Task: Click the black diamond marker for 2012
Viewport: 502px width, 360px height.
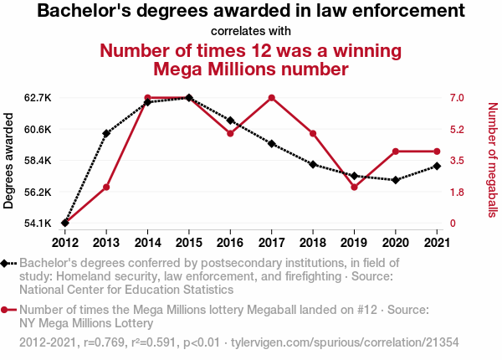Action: [x=65, y=223]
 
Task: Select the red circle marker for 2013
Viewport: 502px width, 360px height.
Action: [x=106, y=187]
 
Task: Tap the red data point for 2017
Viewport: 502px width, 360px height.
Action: [x=272, y=98]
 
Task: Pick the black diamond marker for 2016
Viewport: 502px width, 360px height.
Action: [x=230, y=121]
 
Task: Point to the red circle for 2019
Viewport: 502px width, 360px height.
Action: [x=354, y=187]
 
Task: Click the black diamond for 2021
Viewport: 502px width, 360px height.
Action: [x=437, y=166]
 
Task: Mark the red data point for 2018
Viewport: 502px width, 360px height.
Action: [x=313, y=133]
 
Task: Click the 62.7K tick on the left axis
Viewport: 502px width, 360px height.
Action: [x=38, y=98]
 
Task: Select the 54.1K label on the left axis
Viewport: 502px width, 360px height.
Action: [x=38, y=224]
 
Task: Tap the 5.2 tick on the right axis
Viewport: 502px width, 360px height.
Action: [x=456, y=129]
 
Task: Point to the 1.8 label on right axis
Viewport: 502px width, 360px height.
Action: [x=456, y=192]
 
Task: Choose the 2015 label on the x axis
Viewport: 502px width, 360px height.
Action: [x=189, y=243]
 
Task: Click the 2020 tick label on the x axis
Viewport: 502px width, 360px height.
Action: [x=395, y=243]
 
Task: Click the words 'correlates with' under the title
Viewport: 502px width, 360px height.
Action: [x=251, y=31]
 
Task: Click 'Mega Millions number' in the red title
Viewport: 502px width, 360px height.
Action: [x=251, y=69]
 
